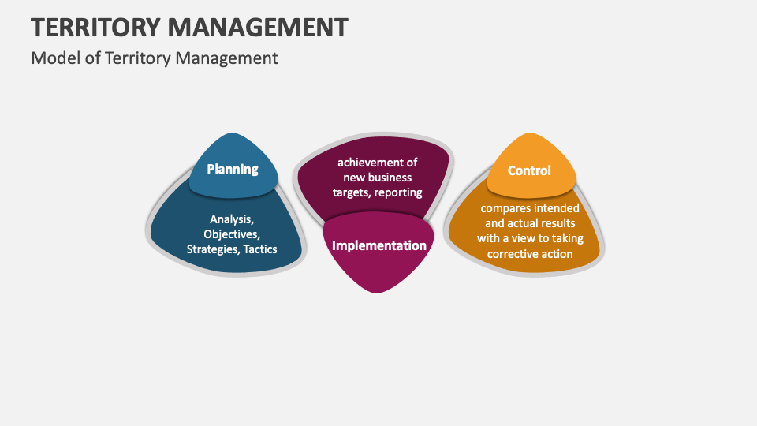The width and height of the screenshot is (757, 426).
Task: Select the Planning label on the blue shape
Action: coord(233,169)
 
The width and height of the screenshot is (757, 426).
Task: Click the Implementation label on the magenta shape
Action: coord(379,245)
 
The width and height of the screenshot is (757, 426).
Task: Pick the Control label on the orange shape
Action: coord(529,170)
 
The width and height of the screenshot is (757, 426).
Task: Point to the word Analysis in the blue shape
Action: coord(231,219)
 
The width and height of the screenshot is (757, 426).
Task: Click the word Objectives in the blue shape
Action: coord(231,234)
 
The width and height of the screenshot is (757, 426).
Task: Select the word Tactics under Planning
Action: coord(260,249)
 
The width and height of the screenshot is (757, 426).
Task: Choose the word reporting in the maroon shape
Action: coord(399,192)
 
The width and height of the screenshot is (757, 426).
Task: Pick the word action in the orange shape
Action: coord(556,253)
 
